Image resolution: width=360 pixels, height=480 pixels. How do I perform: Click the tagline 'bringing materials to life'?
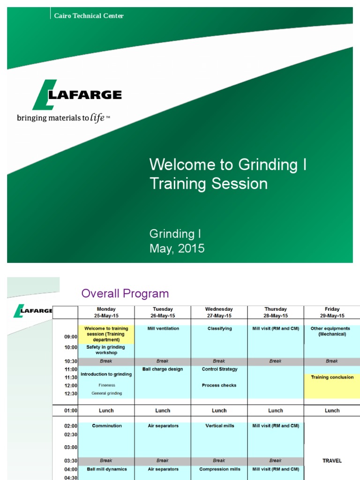pos(63,118)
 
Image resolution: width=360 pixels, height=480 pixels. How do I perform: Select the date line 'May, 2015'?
pos(177,248)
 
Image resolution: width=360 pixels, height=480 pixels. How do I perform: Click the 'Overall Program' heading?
pos(125,294)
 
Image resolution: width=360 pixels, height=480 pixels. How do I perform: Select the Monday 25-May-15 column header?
pos(106,312)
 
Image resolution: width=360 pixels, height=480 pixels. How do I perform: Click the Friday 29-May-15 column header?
pos(332,312)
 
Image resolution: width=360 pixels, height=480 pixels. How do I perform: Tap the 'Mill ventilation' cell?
pos(163,329)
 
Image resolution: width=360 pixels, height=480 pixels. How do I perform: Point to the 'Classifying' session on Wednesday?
pos(219,329)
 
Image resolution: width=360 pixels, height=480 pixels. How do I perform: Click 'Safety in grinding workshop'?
pos(106,350)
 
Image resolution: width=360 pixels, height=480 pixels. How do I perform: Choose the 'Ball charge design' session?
pos(163,369)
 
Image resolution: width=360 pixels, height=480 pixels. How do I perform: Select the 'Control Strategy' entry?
pos(219,369)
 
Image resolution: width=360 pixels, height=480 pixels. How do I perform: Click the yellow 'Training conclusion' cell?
pos(332,377)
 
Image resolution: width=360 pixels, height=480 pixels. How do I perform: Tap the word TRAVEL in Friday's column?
pos(332,461)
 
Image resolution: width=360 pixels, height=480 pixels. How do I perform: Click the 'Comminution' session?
pos(106,426)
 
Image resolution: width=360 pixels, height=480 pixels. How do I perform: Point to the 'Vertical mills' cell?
pos(219,426)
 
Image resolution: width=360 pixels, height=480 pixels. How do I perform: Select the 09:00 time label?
pos(71,337)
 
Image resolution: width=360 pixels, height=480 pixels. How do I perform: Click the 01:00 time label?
pos(71,411)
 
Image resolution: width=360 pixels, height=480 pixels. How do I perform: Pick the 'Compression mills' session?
pos(219,469)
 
